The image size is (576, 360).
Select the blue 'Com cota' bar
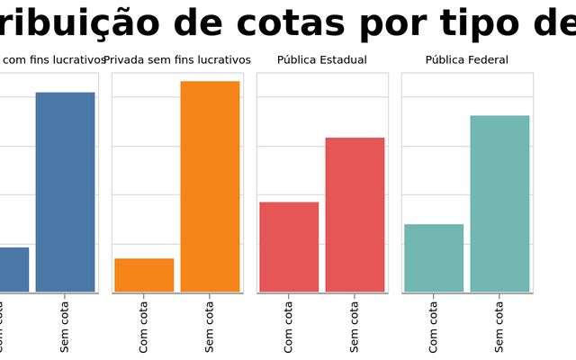point(13,269)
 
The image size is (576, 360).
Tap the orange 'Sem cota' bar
point(210,186)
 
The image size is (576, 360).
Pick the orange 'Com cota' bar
point(144,275)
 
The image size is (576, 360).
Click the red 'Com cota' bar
point(289,247)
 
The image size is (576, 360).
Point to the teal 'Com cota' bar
point(434,257)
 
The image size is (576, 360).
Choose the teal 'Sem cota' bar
point(499,203)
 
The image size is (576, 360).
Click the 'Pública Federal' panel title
point(467,60)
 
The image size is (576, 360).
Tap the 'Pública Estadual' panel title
point(322,60)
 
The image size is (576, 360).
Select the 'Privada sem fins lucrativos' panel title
point(177,60)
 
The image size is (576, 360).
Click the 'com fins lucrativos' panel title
point(54,60)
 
